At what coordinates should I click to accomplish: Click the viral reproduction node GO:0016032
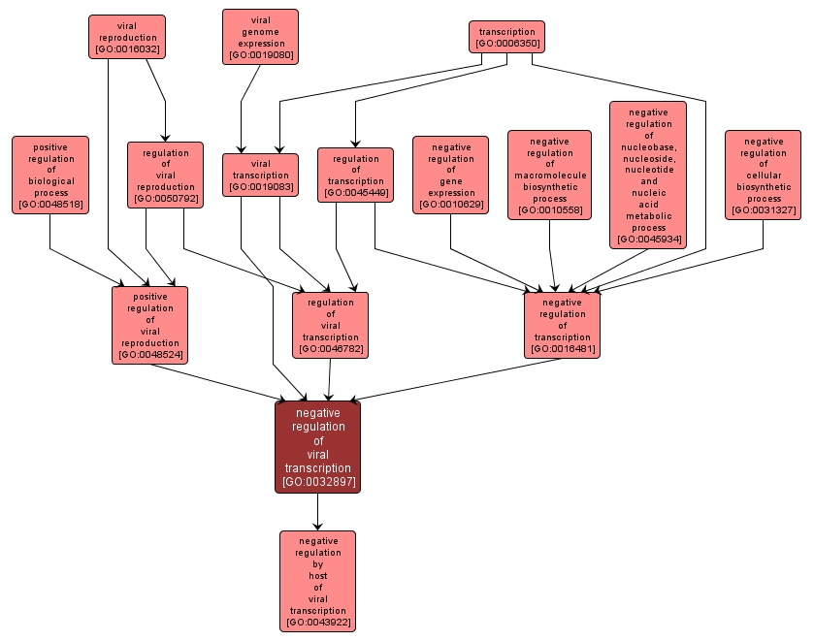pos(126,37)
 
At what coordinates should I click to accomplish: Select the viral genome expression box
pos(260,37)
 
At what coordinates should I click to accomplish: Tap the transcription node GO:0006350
pos(506,37)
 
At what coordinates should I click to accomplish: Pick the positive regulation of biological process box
pos(50,175)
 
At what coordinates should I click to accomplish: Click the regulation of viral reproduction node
pos(165,175)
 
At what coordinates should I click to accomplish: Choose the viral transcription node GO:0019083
pos(260,175)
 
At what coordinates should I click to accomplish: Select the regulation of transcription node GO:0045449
pos(355,175)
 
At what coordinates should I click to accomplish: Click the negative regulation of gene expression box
pos(450,175)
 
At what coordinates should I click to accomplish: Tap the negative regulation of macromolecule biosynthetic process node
pos(549,175)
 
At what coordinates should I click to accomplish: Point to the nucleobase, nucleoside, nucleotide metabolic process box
pos(648,175)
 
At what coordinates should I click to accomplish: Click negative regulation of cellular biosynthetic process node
pos(763,175)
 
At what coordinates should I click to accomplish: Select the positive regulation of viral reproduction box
pos(149,325)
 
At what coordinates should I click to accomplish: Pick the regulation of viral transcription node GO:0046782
pos(330,325)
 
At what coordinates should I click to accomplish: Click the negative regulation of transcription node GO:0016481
pos(562,325)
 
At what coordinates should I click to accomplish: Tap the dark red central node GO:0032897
pos(317,447)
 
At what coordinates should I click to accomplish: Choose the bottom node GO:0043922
pos(317,581)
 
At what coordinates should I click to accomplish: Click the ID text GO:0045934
pos(648,239)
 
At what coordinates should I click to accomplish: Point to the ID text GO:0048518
pos(50,204)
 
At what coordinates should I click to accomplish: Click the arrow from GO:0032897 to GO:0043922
pos(317,512)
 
